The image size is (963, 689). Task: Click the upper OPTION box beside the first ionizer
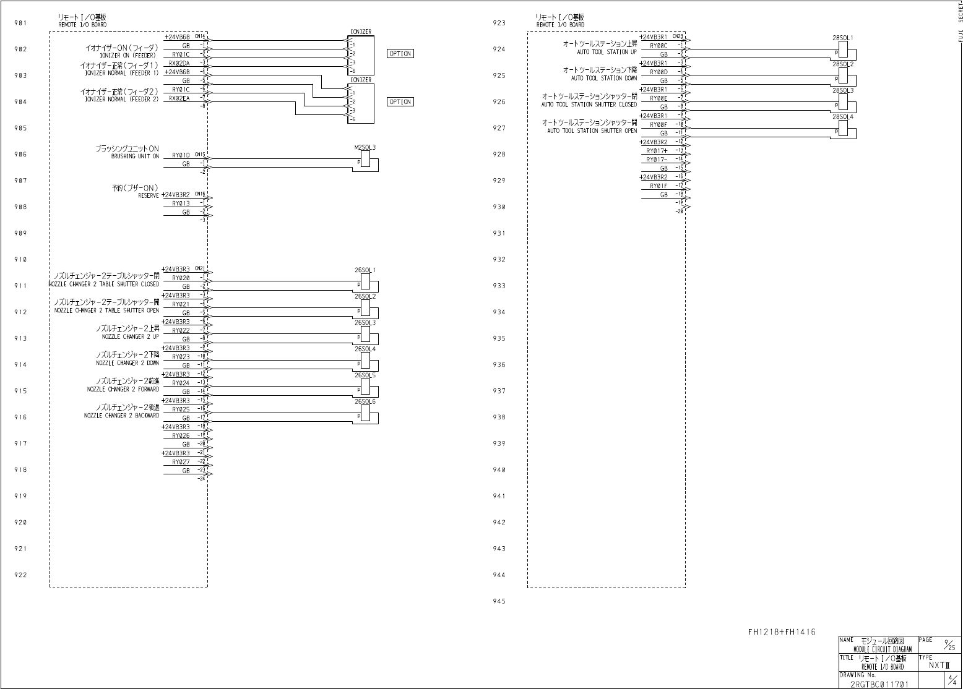pyautogui.click(x=400, y=54)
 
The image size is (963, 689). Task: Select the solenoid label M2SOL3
pyautogui.click(x=365, y=147)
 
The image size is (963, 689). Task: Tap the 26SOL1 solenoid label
pyautogui.click(x=365, y=270)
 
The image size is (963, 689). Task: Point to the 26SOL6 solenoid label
pyautogui.click(x=365, y=401)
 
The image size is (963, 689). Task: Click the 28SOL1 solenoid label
pyautogui.click(x=842, y=38)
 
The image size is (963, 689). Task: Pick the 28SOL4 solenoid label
pyautogui.click(x=842, y=116)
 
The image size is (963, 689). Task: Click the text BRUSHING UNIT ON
pyautogui.click(x=135, y=156)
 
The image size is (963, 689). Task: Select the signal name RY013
pyautogui.click(x=181, y=203)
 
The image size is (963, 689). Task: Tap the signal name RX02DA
pyautogui.click(x=179, y=63)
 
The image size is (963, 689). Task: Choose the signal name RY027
pyautogui.click(x=181, y=462)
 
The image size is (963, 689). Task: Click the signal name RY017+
pyautogui.click(x=657, y=151)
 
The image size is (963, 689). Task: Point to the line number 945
pyautogui.click(x=499, y=601)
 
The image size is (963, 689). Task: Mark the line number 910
pyautogui.click(x=20, y=260)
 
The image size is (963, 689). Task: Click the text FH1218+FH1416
pyautogui.click(x=781, y=632)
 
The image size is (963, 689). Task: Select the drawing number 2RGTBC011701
pyautogui.click(x=879, y=684)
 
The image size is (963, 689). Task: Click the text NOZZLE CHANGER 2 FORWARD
pyautogui.click(x=123, y=390)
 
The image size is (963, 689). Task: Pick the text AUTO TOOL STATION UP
pyautogui.click(x=607, y=52)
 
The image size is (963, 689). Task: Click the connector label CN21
pyautogui.click(x=199, y=268)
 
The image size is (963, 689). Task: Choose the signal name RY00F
pyautogui.click(x=659, y=125)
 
